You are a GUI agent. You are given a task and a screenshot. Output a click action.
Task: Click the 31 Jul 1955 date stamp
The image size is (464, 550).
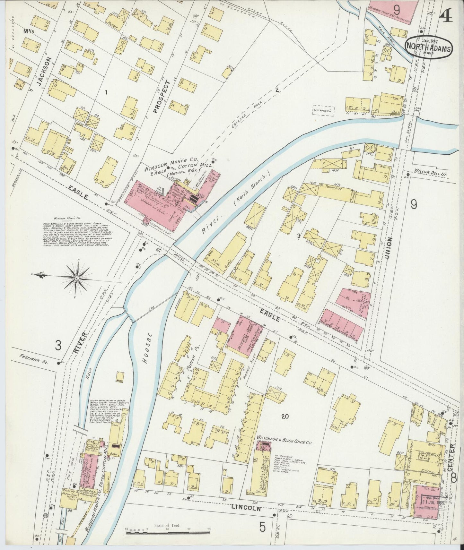tap(433, 502)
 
